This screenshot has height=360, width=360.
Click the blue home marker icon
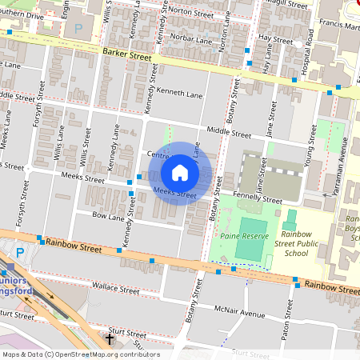click(x=180, y=173)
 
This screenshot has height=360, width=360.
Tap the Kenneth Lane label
click(x=175, y=92)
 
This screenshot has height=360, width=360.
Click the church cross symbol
click(x=110, y=338)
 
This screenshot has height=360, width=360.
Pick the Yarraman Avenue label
click(x=344, y=161)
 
